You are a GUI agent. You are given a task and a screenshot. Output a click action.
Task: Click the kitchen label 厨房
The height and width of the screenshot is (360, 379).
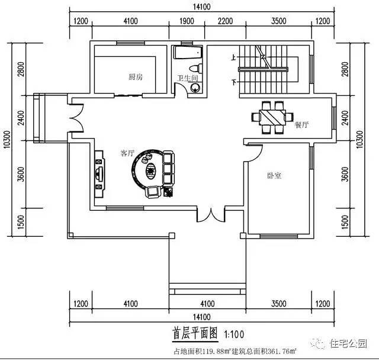point(135,77)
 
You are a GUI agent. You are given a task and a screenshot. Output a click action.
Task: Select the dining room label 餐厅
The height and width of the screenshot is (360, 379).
point(301,124)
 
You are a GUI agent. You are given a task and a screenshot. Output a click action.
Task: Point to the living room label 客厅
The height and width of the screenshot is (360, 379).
point(127,153)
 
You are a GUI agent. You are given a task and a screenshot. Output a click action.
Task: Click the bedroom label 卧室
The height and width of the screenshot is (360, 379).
point(274,175)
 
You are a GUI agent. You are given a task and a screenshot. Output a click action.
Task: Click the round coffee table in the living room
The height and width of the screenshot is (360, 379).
point(150,172)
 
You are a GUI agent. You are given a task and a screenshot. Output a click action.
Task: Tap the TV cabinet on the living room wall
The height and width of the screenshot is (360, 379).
point(98,173)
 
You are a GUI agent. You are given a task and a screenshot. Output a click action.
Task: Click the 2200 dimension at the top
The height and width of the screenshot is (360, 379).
point(224,21)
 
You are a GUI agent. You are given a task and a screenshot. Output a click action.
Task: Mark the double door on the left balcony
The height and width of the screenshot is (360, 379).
point(75,117)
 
